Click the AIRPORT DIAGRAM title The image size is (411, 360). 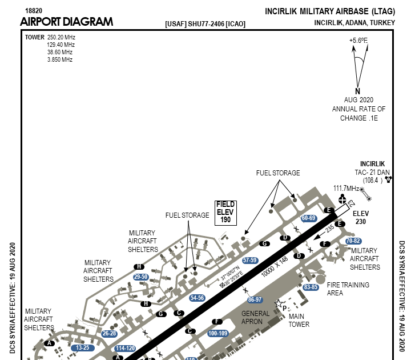[66, 22]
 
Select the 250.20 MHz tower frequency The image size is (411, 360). [61, 37]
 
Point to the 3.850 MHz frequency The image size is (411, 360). [59, 59]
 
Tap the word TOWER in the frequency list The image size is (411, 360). [34, 37]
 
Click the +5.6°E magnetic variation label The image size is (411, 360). [358, 41]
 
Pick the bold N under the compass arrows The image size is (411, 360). [358, 91]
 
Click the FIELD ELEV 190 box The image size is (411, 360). [225, 212]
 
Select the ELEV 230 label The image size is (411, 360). [361, 218]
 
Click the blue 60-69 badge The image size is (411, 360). [308, 218]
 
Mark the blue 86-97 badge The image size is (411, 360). [255, 299]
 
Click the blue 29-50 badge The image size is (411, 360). [141, 277]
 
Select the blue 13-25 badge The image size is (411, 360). [83, 347]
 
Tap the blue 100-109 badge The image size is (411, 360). [218, 333]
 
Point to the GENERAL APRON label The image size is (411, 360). [255, 318]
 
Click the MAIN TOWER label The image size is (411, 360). [299, 320]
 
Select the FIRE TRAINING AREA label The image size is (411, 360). [348, 289]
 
